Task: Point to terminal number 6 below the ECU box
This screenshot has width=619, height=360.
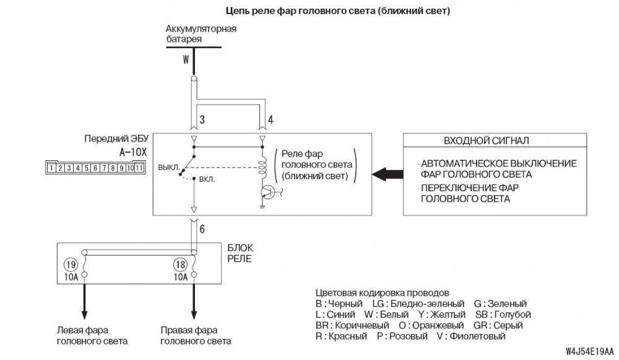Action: point(202,229)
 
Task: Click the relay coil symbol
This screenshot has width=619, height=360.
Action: point(262,166)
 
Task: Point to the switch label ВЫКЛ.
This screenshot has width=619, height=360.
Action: point(168,167)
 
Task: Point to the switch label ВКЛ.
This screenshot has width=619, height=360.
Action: point(206,180)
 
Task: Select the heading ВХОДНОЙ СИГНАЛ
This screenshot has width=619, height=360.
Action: point(486,140)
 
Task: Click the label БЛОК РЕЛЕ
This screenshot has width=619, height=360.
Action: point(239,253)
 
